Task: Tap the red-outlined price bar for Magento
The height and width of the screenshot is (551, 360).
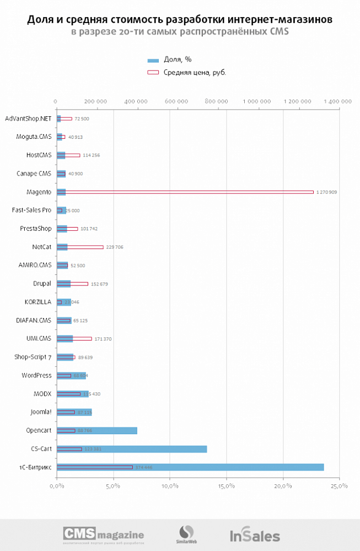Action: (x=185, y=192)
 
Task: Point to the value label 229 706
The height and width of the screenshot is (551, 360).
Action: (x=115, y=247)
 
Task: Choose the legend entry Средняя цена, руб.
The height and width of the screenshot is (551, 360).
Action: (x=187, y=72)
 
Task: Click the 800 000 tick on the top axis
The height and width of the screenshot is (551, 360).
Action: (x=216, y=101)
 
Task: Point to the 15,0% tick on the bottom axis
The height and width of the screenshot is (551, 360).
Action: (x=226, y=486)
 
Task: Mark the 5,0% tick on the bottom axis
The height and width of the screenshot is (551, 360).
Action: (x=113, y=486)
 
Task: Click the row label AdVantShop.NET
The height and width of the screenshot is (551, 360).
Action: (x=28, y=118)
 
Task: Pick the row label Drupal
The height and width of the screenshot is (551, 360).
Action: (x=42, y=284)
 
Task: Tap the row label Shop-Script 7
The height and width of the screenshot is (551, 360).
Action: (x=33, y=357)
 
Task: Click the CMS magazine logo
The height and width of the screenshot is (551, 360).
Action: (x=104, y=534)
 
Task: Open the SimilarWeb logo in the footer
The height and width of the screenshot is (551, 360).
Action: (x=187, y=534)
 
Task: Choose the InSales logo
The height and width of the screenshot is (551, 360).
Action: (x=255, y=535)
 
